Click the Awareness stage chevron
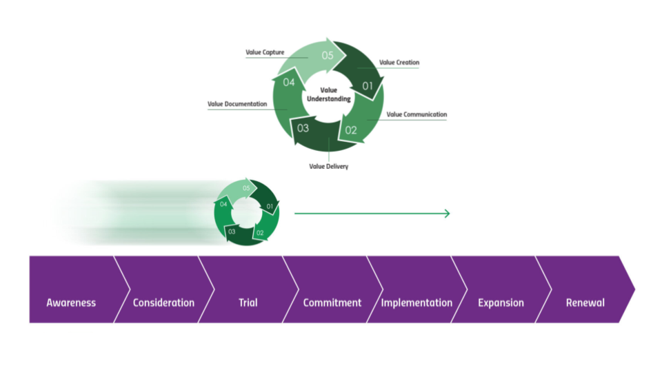coord(71,302)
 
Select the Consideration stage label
coord(163,302)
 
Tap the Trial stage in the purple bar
coord(248,302)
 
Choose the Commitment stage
coord(332,302)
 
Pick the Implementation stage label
coord(417,302)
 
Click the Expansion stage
coord(501,302)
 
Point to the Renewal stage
coord(585,302)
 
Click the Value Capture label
coord(265,52)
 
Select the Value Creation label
coord(399,63)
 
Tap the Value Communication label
coord(417,114)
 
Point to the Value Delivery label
coord(328,166)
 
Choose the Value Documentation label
coord(237,104)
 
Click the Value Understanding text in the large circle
coord(328,94)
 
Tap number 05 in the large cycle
coord(328,55)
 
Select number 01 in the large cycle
coord(368,87)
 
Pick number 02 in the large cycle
coord(351,129)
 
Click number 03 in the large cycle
coord(303,127)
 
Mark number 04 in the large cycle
coord(289,83)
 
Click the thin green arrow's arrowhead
coord(447,214)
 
